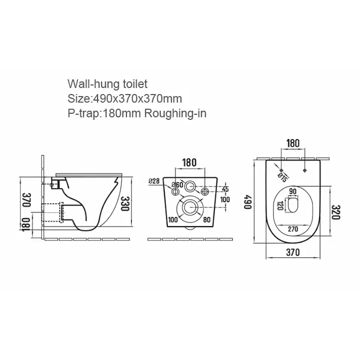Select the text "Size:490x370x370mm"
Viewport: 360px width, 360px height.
[x=125, y=99]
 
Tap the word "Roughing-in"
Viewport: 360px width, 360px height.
[x=175, y=113]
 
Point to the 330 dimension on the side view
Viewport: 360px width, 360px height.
[x=125, y=203]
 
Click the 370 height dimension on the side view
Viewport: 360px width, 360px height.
[x=27, y=200]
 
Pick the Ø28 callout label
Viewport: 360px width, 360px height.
[x=154, y=181]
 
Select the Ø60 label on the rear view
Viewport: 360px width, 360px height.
[x=177, y=184]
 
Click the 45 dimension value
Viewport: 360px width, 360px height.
[x=225, y=189]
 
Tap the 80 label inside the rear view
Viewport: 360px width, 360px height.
[x=207, y=220]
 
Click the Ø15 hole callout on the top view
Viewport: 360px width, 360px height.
[x=282, y=177]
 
